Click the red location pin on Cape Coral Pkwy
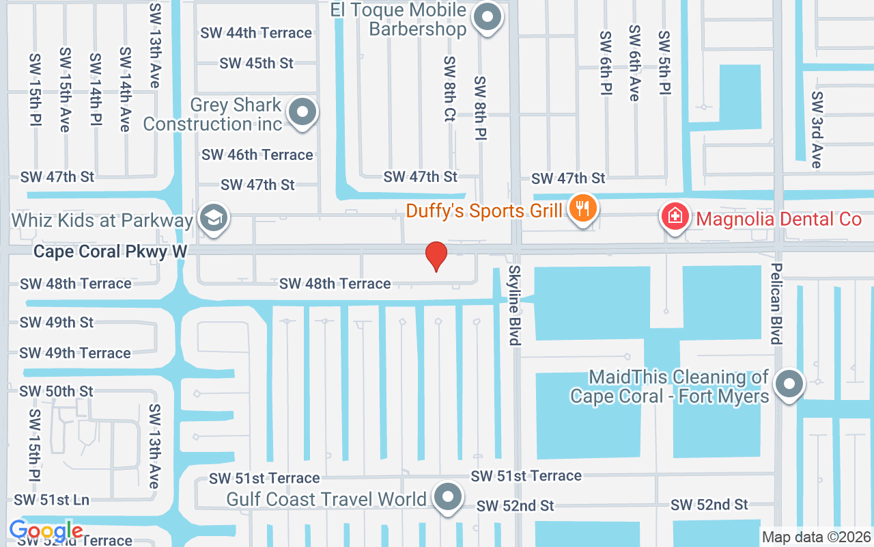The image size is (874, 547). (x=436, y=256)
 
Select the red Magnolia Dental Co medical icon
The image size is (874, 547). (x=675, y=217)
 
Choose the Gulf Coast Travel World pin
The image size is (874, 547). (x=448, y=498)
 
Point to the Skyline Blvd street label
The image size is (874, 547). (x=514, y=305)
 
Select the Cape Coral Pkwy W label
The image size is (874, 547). (x=110, y=252)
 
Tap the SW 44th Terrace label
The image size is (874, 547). (x=256, y=33)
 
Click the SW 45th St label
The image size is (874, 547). (x=257, y=63)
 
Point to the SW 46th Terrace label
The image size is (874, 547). (x=257, y=155)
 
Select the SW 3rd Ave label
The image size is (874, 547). (x=816, y=130)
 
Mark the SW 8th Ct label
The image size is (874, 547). (x=449, y=89)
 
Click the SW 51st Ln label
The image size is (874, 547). (x=52, y=500)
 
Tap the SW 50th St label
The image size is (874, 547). (x=57, y=391)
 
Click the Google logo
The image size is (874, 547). (x=46, y=531)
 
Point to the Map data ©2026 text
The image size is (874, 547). (x=816, y=537)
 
